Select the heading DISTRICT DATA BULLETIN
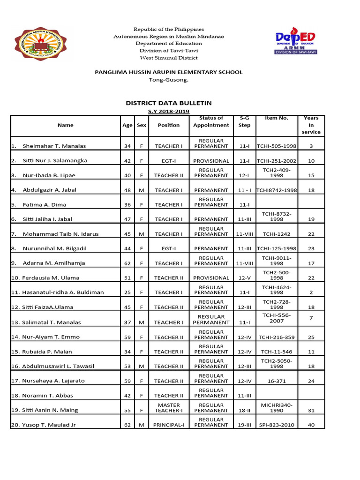(168, 103)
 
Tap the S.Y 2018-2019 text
(168, 111)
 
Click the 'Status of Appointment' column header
(211, 122)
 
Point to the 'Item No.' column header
(277, 118)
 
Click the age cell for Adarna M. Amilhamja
(127, 263)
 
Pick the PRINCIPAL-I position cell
(168, 425)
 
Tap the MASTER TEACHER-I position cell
(168, 407)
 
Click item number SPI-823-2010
(277, 425)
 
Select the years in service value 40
(311, 425)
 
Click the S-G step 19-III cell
(244, 425)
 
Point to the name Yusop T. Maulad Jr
(49, 425)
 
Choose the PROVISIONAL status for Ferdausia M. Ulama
(211, 278)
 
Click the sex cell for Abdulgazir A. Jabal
(141, 190)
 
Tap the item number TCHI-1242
(277, 234)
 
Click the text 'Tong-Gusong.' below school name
(168, 80)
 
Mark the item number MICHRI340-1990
(277, 407)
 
